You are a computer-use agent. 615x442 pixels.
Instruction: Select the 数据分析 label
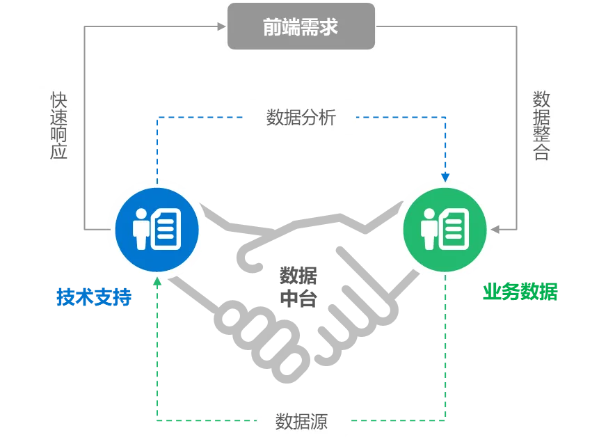[301, 117]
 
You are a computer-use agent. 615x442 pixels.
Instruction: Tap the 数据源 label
[301, 421]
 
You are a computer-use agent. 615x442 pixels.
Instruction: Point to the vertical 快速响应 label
[59, 125]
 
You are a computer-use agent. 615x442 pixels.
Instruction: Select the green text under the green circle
[520, 291]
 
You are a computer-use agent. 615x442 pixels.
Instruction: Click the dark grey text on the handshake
[298, 285]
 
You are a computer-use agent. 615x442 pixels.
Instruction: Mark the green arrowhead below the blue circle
[157, 281]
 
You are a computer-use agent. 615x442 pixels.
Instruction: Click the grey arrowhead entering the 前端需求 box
[223, 26]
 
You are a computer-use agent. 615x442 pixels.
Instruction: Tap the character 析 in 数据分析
[327, 117]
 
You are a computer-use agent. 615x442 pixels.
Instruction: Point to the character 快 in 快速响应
[59, 98]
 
